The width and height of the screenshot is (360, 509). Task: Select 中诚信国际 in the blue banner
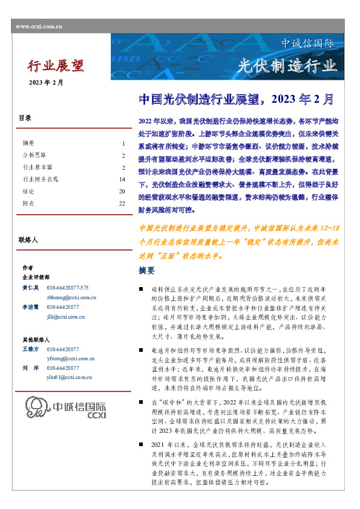point(307,44)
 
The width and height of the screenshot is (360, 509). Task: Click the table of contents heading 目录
point(25,118)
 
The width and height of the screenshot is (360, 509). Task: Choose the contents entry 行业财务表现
point(41,179)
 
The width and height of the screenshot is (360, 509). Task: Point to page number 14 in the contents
point(122,179)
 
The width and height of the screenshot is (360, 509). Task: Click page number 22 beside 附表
point(122,204)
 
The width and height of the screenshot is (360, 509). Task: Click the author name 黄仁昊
point(30,288)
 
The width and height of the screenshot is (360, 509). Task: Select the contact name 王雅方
point(30,349)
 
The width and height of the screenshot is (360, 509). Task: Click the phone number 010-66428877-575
point(67,288)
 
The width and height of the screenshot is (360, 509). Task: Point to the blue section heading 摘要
point(146,270)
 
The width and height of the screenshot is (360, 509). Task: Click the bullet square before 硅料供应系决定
point(141,291)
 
